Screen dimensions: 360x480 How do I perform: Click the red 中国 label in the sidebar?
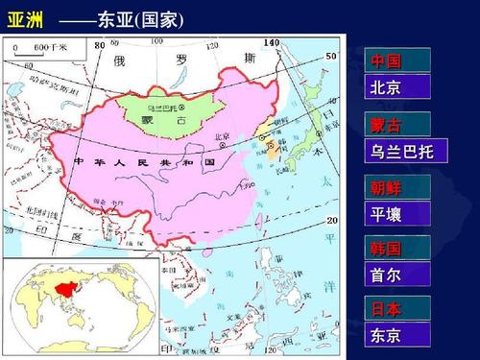coord(385,61)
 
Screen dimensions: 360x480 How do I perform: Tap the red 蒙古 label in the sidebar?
coord(385,125)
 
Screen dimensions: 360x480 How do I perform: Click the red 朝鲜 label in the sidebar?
coord(385,187)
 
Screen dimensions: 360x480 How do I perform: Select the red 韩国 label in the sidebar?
coord(385,249)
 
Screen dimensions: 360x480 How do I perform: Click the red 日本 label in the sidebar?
coord(385,309)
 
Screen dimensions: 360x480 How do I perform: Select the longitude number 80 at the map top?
coord(100,44)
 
